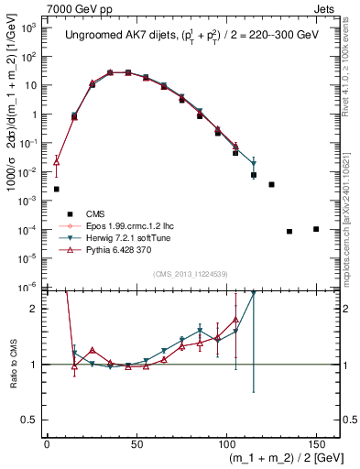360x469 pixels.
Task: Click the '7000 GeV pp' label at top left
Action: [x=36, y=7]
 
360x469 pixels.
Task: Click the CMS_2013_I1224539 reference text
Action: [x=191, y=274]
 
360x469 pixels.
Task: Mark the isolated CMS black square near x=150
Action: [x=316, y=229]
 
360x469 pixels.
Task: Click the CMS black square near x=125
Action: [x=271, y=184]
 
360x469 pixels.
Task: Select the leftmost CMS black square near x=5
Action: [x=57, y=189]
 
